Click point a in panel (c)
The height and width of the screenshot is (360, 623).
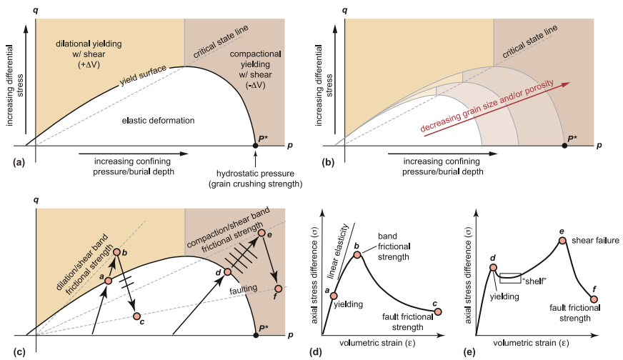click(x=109, y=281)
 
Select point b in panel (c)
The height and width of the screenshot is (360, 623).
click(x=116, y=252)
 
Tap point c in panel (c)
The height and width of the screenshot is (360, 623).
click(x=137, y=316)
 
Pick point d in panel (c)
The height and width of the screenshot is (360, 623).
click(x=228, y=272)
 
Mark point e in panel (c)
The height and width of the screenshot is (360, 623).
click(x=261, y=234)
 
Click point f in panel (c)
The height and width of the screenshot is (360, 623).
click(x=278, y=289)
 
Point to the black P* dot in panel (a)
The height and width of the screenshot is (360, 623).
click(x=256, y=145)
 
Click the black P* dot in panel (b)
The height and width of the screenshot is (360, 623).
click(x=565, y=145)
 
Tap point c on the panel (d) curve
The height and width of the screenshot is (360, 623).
click(x=438, y=311)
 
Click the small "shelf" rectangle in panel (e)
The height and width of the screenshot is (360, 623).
click(x=510, y=277)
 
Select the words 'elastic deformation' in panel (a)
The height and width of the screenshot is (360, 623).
click(x=158, y=121)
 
